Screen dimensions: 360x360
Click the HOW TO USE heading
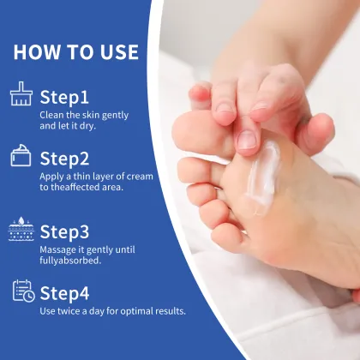tap(75, 51)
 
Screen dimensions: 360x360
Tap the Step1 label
tap(64, 96)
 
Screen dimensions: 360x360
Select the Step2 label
tap(65, 159)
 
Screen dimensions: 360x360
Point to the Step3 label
tap(65, 231)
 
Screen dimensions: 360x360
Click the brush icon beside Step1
tap(21, 93)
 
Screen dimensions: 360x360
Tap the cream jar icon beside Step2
tap(21, 156)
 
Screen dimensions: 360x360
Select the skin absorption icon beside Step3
tap(21, 229)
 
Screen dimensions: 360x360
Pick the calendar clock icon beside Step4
tap(22, 291)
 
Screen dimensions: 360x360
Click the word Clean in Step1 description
tap(51, 113)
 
